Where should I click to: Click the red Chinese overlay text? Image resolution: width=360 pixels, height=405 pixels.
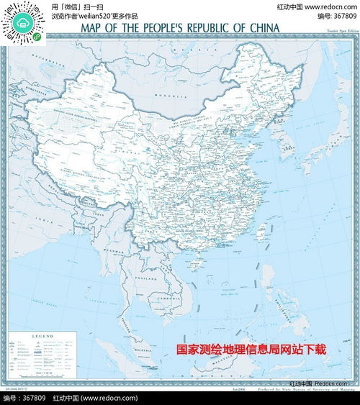pos(252,350)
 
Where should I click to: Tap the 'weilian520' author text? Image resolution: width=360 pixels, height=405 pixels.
pos(102,16)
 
